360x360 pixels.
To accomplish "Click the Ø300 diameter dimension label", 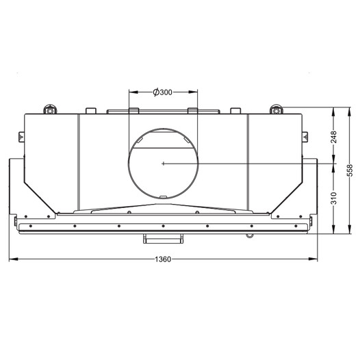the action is pos(163,92).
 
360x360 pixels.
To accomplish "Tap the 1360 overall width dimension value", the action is pos(163,259).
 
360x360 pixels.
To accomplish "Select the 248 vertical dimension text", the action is pos(333,137).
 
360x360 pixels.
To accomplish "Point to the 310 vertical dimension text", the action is pos(333,198).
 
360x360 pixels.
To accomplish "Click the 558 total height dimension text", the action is pos(349,170).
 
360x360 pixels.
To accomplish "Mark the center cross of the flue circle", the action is pos(163,164).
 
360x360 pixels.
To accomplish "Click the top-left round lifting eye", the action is pos(50,110).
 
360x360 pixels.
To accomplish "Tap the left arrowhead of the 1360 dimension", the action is pos(14,259).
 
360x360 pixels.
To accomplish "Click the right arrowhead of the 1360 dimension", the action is pos(313,259).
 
